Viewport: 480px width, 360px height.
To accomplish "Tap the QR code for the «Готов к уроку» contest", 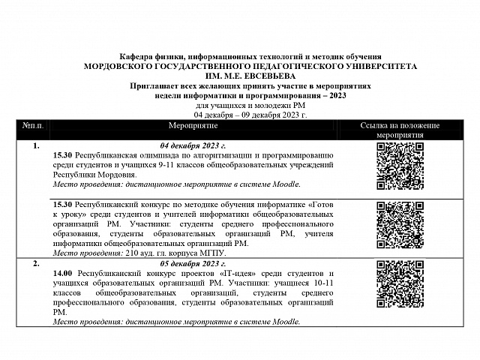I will (x=399, y=227).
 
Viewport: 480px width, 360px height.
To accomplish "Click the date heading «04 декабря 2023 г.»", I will (x=193, y=145).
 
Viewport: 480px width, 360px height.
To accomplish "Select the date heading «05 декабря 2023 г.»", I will (x=193, y=264).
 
